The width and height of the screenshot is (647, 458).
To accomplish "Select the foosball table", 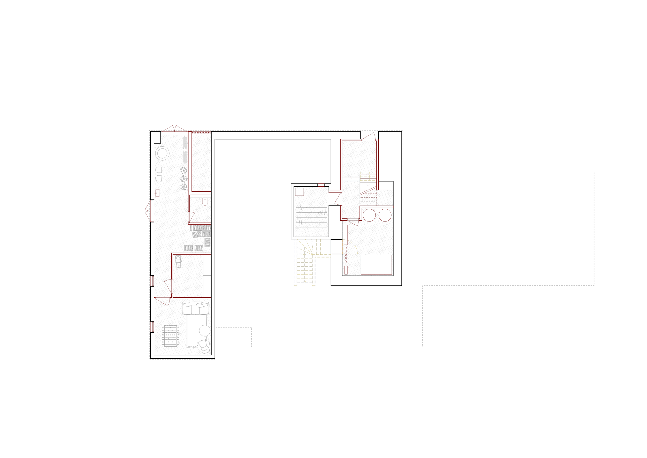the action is tap(171, 336).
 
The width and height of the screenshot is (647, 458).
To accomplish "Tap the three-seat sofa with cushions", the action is tap(196, 308).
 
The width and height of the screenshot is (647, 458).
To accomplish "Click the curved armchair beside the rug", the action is tap(203, 346).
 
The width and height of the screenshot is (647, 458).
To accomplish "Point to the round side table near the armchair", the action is tap(205, 331).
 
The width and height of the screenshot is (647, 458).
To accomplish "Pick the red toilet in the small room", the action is tap(205, 201).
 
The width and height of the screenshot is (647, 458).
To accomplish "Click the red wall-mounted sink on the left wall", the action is tap(157, 193).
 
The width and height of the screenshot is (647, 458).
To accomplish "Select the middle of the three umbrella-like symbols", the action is tap(184, 178).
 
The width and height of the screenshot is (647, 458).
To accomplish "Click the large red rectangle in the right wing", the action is tap(376, 264).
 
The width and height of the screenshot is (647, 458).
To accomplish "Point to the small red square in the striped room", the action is tap(299, 192).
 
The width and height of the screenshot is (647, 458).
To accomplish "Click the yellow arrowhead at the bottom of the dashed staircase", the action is tap(305, 281).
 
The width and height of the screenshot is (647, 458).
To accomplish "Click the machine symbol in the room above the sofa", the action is tap(178, 261).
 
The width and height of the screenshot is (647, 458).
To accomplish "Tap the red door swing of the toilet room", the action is tap(192, 217).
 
